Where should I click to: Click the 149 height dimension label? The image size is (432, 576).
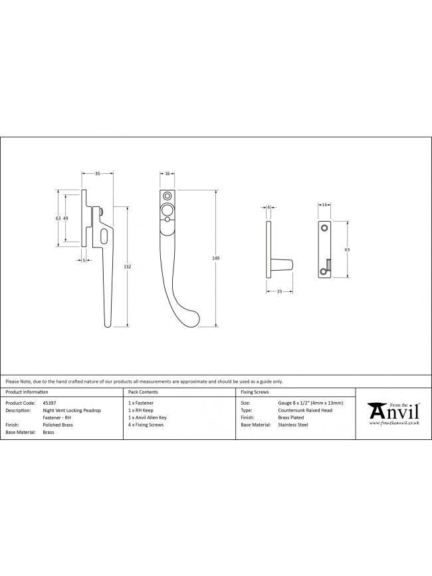pyautogui.click(x=215, y=258)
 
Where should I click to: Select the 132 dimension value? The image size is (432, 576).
pyautogui.click(x=128, y=267)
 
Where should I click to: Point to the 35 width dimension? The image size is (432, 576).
pyautogui.click(x=98, y=174)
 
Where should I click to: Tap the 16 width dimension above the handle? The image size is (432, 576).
pyautogui.click(x=167, y=174)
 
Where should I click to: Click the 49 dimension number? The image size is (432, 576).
pyautogui.click(x=66, y=218)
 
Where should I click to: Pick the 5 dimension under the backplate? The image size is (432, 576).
pyautogui.click(x=84, y=260)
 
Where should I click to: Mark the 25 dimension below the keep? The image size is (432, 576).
pyautogui.click(x=279, y=292)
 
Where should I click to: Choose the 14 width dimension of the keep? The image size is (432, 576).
pyautogui.click(x=324, y=205)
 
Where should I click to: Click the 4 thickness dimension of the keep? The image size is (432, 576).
pyautogui.click(x=269, y=208)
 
